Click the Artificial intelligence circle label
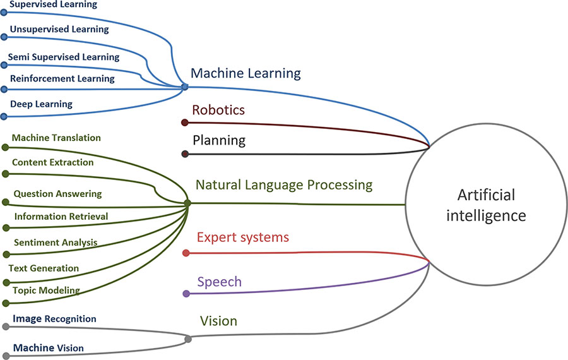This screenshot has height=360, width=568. point(486,205)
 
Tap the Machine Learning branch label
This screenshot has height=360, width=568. point(246,73)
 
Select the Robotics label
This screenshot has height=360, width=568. point(218,111)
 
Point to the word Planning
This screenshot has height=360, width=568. point(219,140)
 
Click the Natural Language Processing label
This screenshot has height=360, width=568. point(284,186)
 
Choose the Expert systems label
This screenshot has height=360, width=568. point(243,238)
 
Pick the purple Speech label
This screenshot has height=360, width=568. point(219,282)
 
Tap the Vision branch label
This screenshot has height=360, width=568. point(218,321)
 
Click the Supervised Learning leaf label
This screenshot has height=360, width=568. point(54,5)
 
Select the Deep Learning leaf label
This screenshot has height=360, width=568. point(42,104)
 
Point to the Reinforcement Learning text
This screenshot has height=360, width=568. point(62,79)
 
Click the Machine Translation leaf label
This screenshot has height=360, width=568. point(56,138)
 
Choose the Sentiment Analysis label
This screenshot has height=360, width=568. point(56,243)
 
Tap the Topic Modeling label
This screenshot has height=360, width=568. point(46,291)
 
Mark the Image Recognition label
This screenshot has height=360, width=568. point(54,319)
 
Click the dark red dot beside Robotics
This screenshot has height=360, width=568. point(185,123)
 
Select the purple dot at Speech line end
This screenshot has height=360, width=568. point(186,294)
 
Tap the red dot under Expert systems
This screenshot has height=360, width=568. point(186,253)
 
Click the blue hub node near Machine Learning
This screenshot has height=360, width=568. point(184,87)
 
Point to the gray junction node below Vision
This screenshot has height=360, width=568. point(188,340)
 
